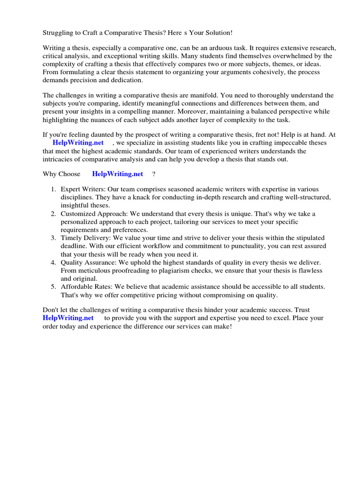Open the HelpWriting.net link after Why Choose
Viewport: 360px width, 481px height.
(x=118, y=174)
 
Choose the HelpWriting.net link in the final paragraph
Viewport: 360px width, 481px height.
(x=68, y=318)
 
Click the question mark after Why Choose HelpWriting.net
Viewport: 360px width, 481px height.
(x=154, y=174)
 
